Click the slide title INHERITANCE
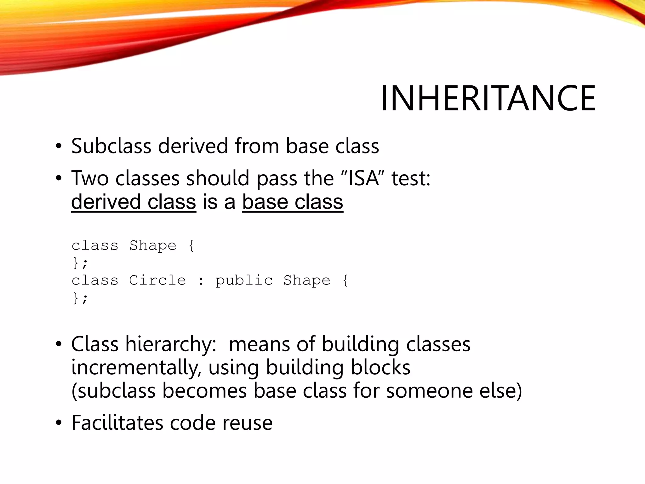coord(488,98)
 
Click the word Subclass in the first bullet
coord(111,146)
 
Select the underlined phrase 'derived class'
coord(134,202)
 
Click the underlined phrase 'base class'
coord(293,202)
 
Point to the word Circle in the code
coord(157,280)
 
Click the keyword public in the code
coord(244,280)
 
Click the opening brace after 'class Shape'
coord(191,245)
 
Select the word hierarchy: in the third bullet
coord(171,344)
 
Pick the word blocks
coord(380,367)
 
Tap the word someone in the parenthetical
coord(429,391)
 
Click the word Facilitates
coord(117,423)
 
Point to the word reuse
coord(247,423)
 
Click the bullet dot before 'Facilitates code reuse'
coord(59,423)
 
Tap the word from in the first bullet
coord(257,146)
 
